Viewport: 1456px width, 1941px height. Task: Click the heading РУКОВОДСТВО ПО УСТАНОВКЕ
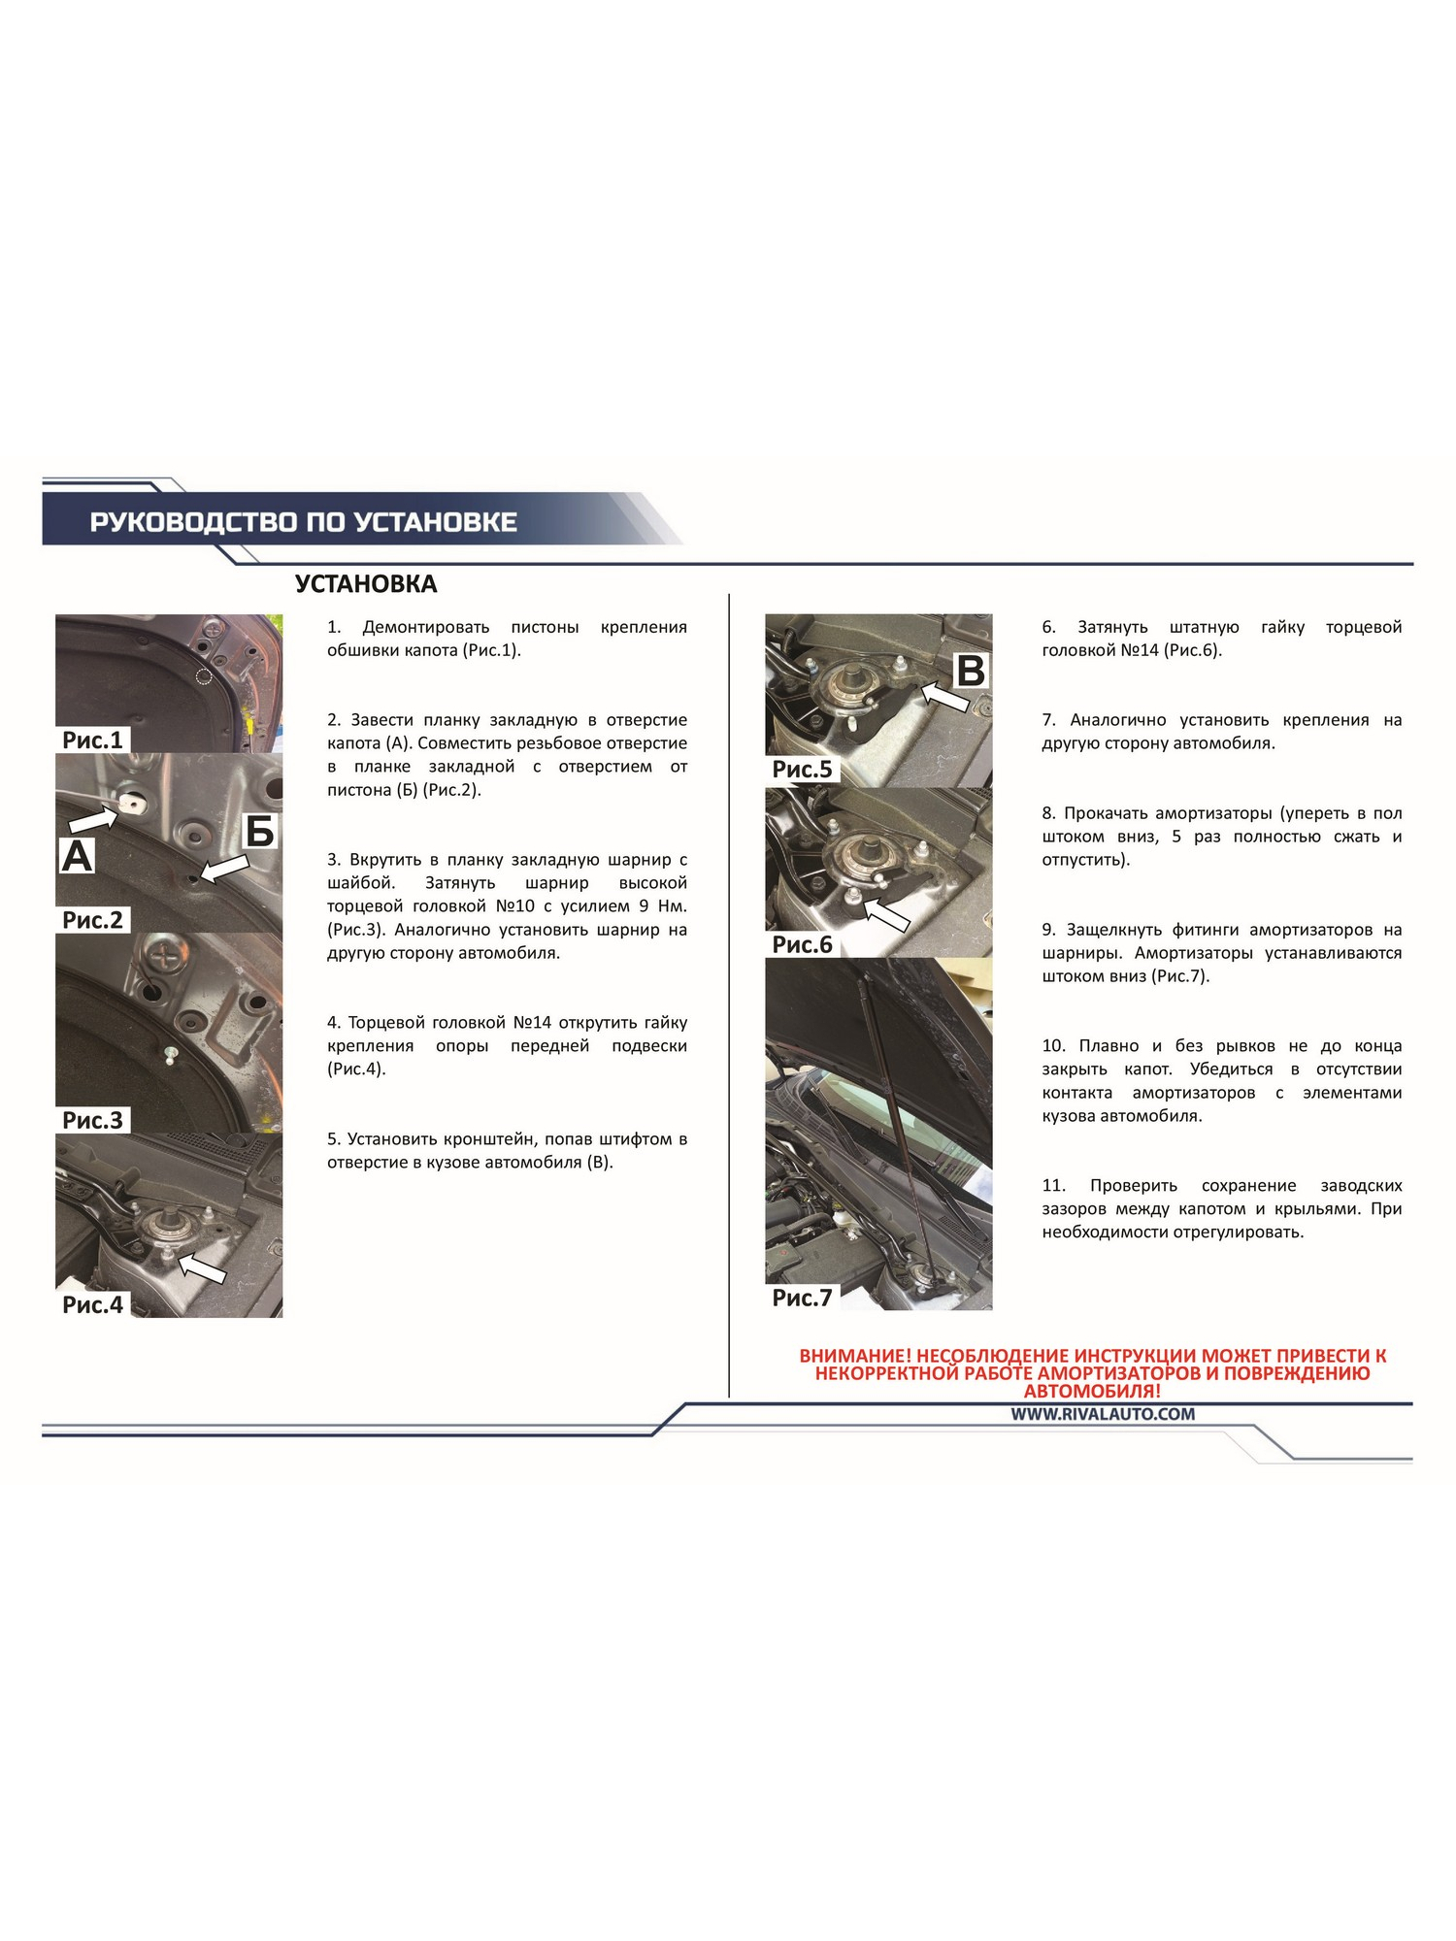pos(304,522)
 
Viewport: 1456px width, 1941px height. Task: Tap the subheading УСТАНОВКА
pos(366,584)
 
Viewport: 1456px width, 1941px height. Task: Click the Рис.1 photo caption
pos(93,740)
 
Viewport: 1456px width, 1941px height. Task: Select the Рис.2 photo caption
pos(93,920)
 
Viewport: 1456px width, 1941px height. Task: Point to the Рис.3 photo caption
pos(93,1120)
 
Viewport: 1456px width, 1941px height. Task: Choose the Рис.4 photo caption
pos(93,1304)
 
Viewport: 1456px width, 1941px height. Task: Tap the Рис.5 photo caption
pos(803,770)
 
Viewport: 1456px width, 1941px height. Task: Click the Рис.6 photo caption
pos(803,944)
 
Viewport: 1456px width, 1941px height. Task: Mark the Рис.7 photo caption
pos(803,1298)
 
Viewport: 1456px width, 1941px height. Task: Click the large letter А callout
pos(78,856)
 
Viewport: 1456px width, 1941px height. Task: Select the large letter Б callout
pos(260,832)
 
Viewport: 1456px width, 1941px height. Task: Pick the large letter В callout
pos(971,671)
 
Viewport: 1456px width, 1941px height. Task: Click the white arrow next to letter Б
pos(223,869)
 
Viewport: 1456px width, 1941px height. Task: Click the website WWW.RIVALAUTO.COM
pos(1103,1414)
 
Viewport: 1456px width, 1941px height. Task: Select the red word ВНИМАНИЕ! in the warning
pos(855,1356)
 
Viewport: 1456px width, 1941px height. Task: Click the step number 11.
pos(1054,1186)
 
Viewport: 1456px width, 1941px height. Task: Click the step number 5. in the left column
pos(334,1139)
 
